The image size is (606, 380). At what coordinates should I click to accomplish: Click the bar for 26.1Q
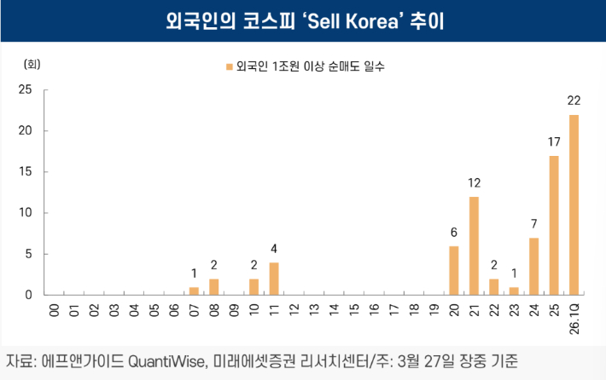click(574, 204)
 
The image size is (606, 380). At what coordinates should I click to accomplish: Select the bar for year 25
click(554, 225)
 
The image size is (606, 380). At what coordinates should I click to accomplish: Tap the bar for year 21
click(474, 245)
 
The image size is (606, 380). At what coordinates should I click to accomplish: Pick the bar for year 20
click(454, 270)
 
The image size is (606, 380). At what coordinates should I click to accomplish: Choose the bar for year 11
click(274, 279)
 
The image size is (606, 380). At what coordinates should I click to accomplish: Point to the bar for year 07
click(194, 291)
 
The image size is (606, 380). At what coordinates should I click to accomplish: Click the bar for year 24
click(533, 266)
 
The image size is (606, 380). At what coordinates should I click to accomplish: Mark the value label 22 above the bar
click(574, 101)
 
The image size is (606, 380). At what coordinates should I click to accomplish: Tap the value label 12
click(474, 183)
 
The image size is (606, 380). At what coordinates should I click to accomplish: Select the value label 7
click(533, 224)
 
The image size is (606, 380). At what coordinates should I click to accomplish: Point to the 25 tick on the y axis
click(26, 89)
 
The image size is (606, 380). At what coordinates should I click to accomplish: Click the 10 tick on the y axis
click(26, 213)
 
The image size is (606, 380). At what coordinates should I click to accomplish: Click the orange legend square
click(228, 66)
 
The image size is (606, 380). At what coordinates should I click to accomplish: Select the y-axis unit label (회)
click(32, 65)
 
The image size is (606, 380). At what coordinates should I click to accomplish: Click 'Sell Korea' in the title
click(337, 20)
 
